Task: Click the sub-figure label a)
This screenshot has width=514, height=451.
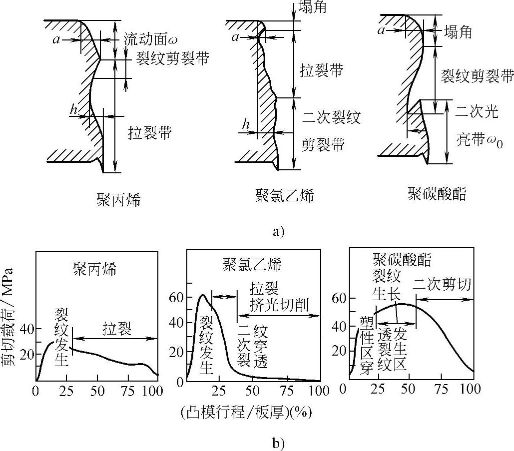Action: pos(279,232)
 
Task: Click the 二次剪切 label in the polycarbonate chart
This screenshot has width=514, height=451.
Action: pos(443,285)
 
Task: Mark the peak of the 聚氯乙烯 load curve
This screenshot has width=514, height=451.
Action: pos(202,295)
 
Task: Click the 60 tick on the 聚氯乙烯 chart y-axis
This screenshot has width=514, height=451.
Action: pos(178,297)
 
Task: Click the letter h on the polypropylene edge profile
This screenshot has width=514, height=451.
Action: pos(74,111)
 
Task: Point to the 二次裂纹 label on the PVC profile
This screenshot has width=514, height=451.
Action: pos(331,117)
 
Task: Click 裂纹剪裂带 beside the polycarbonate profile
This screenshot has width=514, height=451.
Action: pos(478,75)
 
